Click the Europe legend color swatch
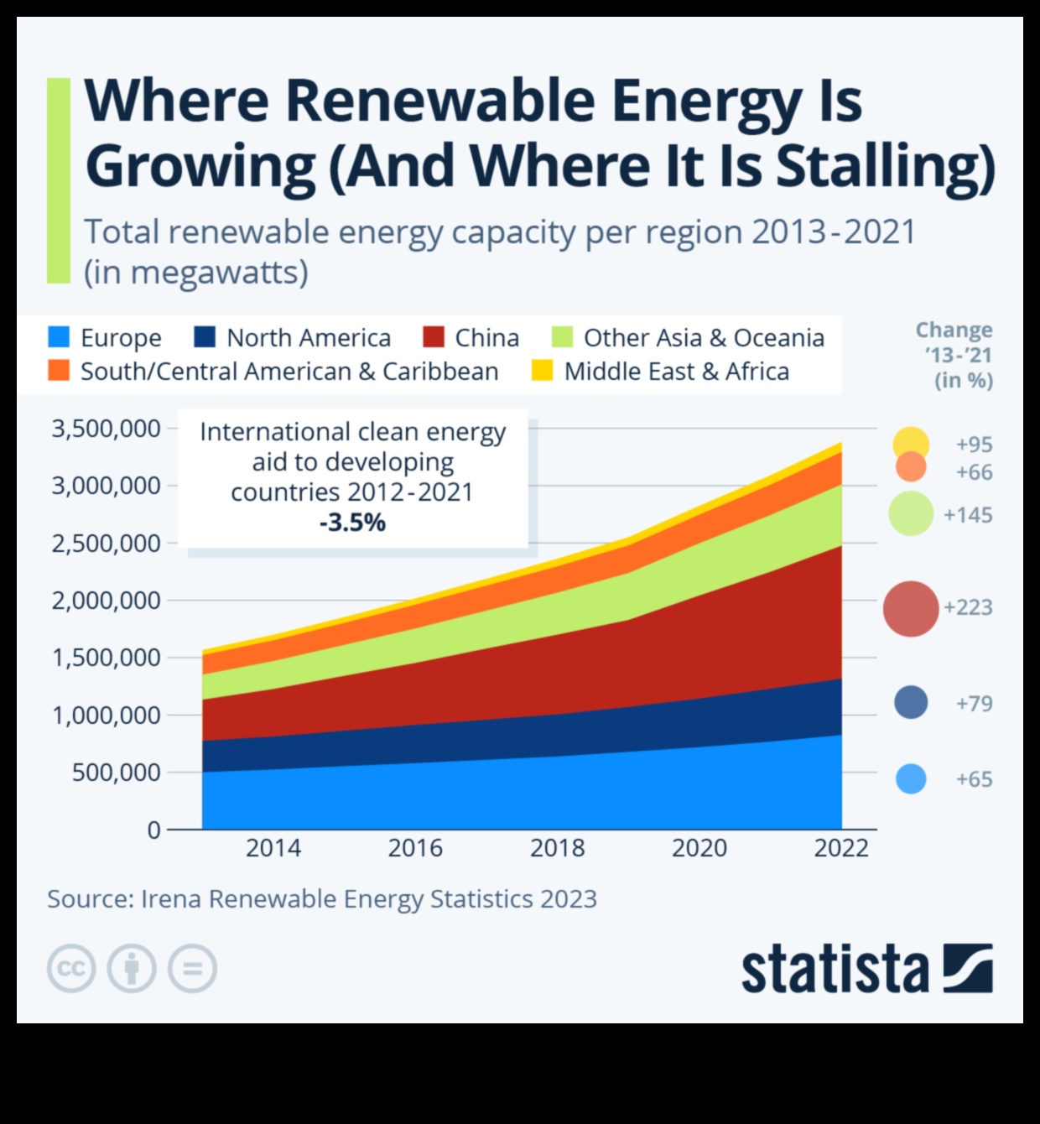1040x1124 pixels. tap(59, 337)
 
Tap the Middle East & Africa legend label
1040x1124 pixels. tap(676, 371)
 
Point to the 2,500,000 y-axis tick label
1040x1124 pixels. tap(106, 544)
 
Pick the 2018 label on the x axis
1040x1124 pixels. tap(557, 848)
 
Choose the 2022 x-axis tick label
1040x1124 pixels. tap(841, 848)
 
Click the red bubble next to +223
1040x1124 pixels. tap(911, 608)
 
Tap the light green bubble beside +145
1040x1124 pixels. tap(911, 513)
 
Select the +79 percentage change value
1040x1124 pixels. tap(974, 703)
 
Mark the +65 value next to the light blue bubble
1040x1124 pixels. tap(974, 779)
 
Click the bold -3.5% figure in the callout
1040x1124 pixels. tap(352, 523)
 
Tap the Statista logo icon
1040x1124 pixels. tap(968, 969)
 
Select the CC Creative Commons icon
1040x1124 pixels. tap(71, 969)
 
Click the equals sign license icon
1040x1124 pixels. tap(192, 969)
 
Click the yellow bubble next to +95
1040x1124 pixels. tap(911, 442)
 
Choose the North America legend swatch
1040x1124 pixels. tap(205, 337)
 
